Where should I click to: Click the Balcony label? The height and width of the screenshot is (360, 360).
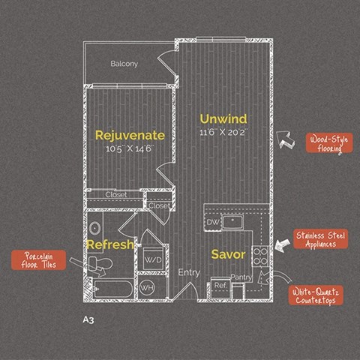pos(124,64)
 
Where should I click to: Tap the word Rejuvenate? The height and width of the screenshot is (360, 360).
pos(129,135)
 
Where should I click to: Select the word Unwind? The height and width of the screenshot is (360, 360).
pos(223,119)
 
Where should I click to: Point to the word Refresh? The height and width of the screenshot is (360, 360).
pos(109,244)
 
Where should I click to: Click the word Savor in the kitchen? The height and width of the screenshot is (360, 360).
pos(228,255)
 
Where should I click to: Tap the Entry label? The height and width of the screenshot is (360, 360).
pos(188,272)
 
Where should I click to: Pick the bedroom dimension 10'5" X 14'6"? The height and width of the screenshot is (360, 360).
pos(128,148)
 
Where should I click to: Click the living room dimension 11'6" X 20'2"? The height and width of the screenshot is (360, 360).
pos(223,133)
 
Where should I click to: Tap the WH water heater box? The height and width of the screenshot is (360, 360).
pos(147,287)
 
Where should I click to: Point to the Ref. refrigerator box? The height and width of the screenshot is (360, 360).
pos(220,286)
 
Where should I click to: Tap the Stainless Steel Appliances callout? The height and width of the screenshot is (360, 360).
pos(320,240)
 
